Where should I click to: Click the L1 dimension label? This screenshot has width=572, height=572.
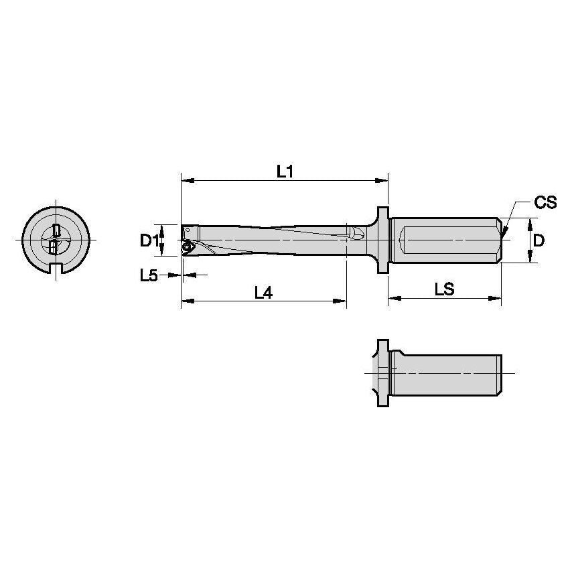pos(285,171)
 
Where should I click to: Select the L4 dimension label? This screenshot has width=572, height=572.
pos(265,292)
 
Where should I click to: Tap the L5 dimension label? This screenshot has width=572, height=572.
pos(149,275)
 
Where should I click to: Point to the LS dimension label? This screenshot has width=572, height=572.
pos(444,289)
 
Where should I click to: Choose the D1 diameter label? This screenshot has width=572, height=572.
pos(149,240)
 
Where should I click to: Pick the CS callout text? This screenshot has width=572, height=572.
pos(545,203)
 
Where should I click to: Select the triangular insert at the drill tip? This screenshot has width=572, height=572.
pos(188,248)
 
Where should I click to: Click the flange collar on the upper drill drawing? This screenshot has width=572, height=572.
pos(383,240)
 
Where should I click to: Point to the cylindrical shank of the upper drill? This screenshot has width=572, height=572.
pos(442,240)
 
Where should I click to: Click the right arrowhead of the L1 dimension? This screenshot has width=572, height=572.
pos(384,180)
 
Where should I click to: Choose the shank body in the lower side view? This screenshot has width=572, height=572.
pos(445,373)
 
